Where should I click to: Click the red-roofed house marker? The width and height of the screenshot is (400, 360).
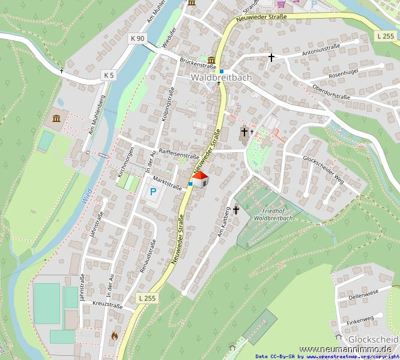(x=200, y=179)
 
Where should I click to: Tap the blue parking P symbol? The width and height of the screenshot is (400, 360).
(x=153, y=192)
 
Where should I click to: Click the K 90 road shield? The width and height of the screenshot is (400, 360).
(x=138, y=38)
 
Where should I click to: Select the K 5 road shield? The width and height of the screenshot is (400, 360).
(x=108, y=75)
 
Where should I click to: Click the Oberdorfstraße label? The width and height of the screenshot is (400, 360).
(x=331, y=91)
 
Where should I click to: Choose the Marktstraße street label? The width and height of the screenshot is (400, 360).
(x=167, y=183)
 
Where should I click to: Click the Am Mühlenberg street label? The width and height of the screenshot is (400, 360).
(x=97, y=114)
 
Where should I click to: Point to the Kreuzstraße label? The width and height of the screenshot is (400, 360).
(x=108, y=304)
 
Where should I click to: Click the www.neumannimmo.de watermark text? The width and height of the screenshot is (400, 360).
(x=345, y=349)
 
